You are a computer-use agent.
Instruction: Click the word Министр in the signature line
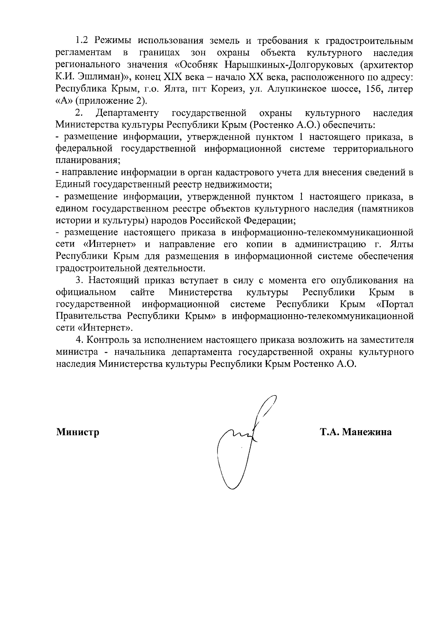coord(78,432)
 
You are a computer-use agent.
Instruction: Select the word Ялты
coord(402,244)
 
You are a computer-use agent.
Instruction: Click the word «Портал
coord(395,304)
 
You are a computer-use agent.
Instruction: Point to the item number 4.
coord(78,340)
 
